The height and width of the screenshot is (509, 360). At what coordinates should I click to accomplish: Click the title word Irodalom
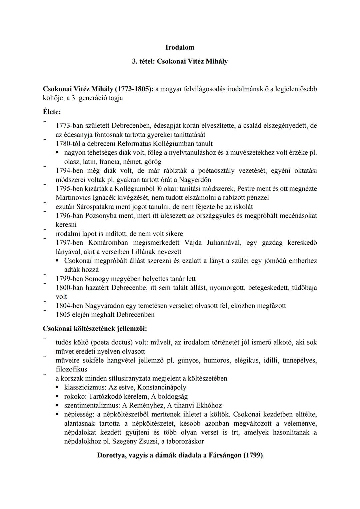(180, 47)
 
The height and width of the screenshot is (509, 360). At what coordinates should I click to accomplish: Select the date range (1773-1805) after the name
(133, 89)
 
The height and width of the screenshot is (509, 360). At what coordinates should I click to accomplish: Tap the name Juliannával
(223, 242)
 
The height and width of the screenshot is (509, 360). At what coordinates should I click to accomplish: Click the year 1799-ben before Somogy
(69, 279)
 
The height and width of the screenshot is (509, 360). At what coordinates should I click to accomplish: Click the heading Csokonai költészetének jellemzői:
(95, 328)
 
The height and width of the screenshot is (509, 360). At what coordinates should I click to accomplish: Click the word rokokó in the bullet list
(73, 396)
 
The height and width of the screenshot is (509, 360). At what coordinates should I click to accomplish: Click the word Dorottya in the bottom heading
(111, 455)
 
